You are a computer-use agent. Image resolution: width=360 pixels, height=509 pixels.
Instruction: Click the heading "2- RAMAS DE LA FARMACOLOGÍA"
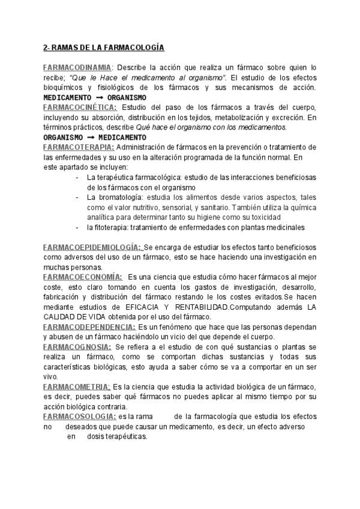[x=104, y=47]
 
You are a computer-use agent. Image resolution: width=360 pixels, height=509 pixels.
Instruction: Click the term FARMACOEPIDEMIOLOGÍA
[x=92, y=247]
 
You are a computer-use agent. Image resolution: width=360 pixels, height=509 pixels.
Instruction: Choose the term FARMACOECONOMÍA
[x=83, y=277]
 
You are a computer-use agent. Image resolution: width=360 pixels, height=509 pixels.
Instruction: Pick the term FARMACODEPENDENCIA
[x=89, y=327]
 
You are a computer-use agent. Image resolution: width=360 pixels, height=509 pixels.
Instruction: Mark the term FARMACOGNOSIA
[x=77, y=347]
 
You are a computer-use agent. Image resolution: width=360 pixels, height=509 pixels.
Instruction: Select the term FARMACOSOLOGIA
[x=79, y=416]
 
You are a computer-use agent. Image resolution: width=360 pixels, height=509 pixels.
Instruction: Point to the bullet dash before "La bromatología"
[x=78, y=197]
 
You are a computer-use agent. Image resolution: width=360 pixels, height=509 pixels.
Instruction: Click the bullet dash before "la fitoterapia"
[x=78, y=227]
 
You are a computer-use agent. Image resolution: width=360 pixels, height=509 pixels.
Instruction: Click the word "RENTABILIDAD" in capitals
[x=197, y=307]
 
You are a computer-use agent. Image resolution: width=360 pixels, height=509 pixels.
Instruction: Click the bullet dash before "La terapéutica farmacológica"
[x=78, y=177]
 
